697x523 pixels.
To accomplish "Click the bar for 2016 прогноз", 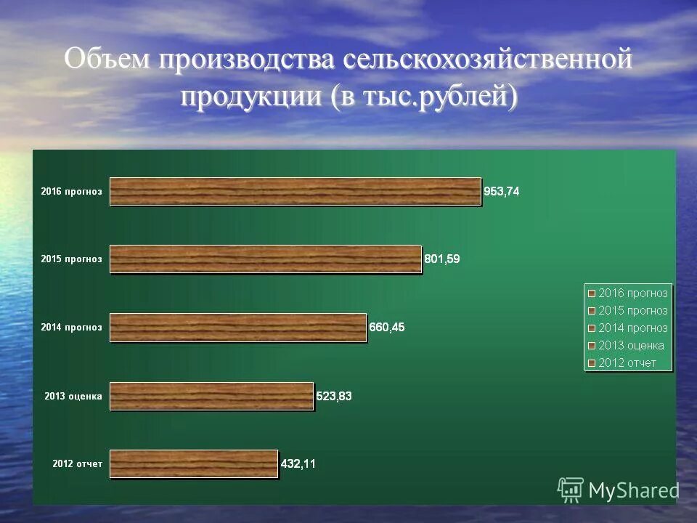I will point(295,192).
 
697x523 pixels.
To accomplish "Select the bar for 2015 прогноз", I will point(265,259).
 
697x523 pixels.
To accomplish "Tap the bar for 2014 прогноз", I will point(237,328).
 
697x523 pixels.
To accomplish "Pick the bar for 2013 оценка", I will point(211,396).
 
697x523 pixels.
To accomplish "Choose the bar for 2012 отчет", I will point(193,463).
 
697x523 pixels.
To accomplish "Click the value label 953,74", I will point(502,192).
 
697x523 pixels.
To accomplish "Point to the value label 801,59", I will point(442,259).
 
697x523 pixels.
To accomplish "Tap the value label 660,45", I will point(387,327).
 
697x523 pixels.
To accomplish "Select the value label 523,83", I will point(334,396).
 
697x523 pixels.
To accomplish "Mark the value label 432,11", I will point(298,463).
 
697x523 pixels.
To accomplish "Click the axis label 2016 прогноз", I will point(71,192).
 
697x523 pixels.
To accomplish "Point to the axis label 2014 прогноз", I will point(71,328).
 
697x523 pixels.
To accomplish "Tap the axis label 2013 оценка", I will point(73,396).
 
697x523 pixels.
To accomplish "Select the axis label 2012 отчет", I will point(78,463).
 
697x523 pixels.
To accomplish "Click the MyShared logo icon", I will point(570,490).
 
